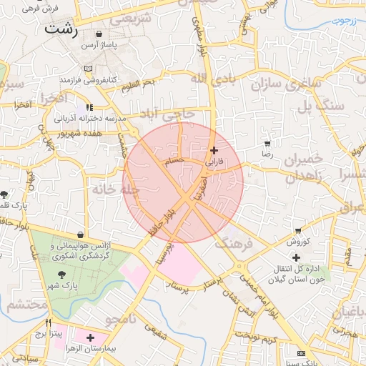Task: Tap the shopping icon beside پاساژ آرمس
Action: click(99, 34)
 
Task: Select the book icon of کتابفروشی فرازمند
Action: click(88, 69)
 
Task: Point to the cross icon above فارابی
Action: click(214, 150)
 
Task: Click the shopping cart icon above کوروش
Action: click(297, 231)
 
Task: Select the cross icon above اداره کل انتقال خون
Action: click(296, 257)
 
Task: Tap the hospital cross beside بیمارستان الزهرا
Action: click(90, 337)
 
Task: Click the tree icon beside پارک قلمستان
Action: click(5, 194)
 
